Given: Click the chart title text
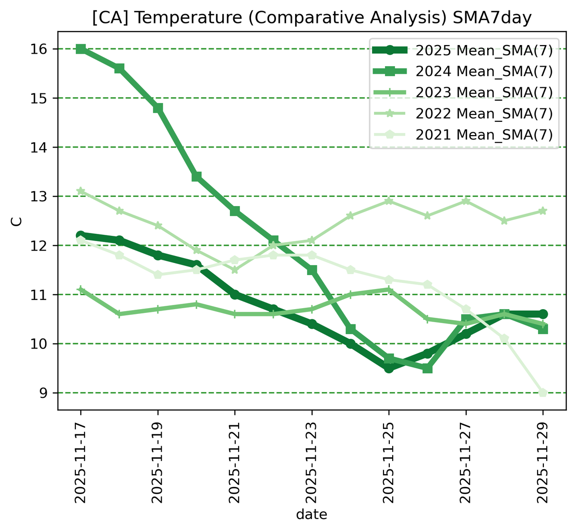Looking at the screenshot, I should click(x=312, y=18).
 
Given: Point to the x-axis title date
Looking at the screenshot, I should click(x=312, y=515).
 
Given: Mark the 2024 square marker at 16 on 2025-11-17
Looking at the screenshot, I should click(x=81, y=49).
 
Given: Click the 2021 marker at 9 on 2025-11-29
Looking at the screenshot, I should click(x=543, y=393).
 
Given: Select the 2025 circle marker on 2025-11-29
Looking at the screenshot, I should click(x=543, y=314).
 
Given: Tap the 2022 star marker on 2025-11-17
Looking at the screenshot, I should click(x=81, y=191).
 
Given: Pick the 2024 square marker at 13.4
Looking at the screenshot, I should click(x=196, y=177).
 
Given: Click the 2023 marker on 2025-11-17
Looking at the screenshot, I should click(x=81, y=289).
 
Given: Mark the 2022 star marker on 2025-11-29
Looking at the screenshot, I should click(x=543, y=211).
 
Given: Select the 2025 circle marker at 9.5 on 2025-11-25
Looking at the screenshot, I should click(x=389, y=368).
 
